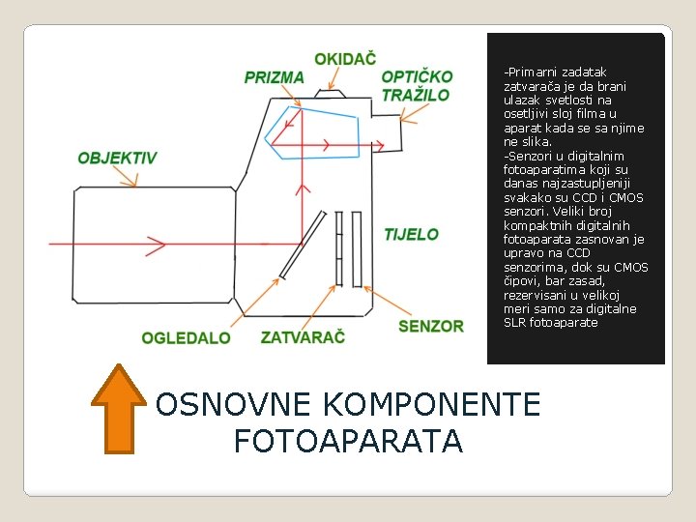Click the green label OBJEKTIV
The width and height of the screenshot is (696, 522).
point(117,158)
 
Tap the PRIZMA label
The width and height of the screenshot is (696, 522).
point(274,77)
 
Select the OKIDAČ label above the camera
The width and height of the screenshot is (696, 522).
point(345,59)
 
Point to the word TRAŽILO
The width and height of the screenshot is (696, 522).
point(416,95)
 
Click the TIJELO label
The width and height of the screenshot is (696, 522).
point(411,234)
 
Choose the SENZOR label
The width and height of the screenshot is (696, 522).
point(431,327)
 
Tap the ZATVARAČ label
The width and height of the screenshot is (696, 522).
point(303,337)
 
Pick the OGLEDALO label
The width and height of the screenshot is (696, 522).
point(186,338)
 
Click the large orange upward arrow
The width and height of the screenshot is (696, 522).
point(119,409)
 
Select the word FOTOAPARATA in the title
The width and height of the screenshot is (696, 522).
point(348,441)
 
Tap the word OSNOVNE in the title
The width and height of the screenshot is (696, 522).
point(233,404)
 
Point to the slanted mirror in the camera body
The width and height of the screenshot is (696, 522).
point(303,245)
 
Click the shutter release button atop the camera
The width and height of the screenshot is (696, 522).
point(330,93)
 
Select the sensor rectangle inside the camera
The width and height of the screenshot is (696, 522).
point(357,249)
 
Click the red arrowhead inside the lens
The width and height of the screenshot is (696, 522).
point(156,245)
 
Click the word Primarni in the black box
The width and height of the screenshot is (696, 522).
point(530,72)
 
